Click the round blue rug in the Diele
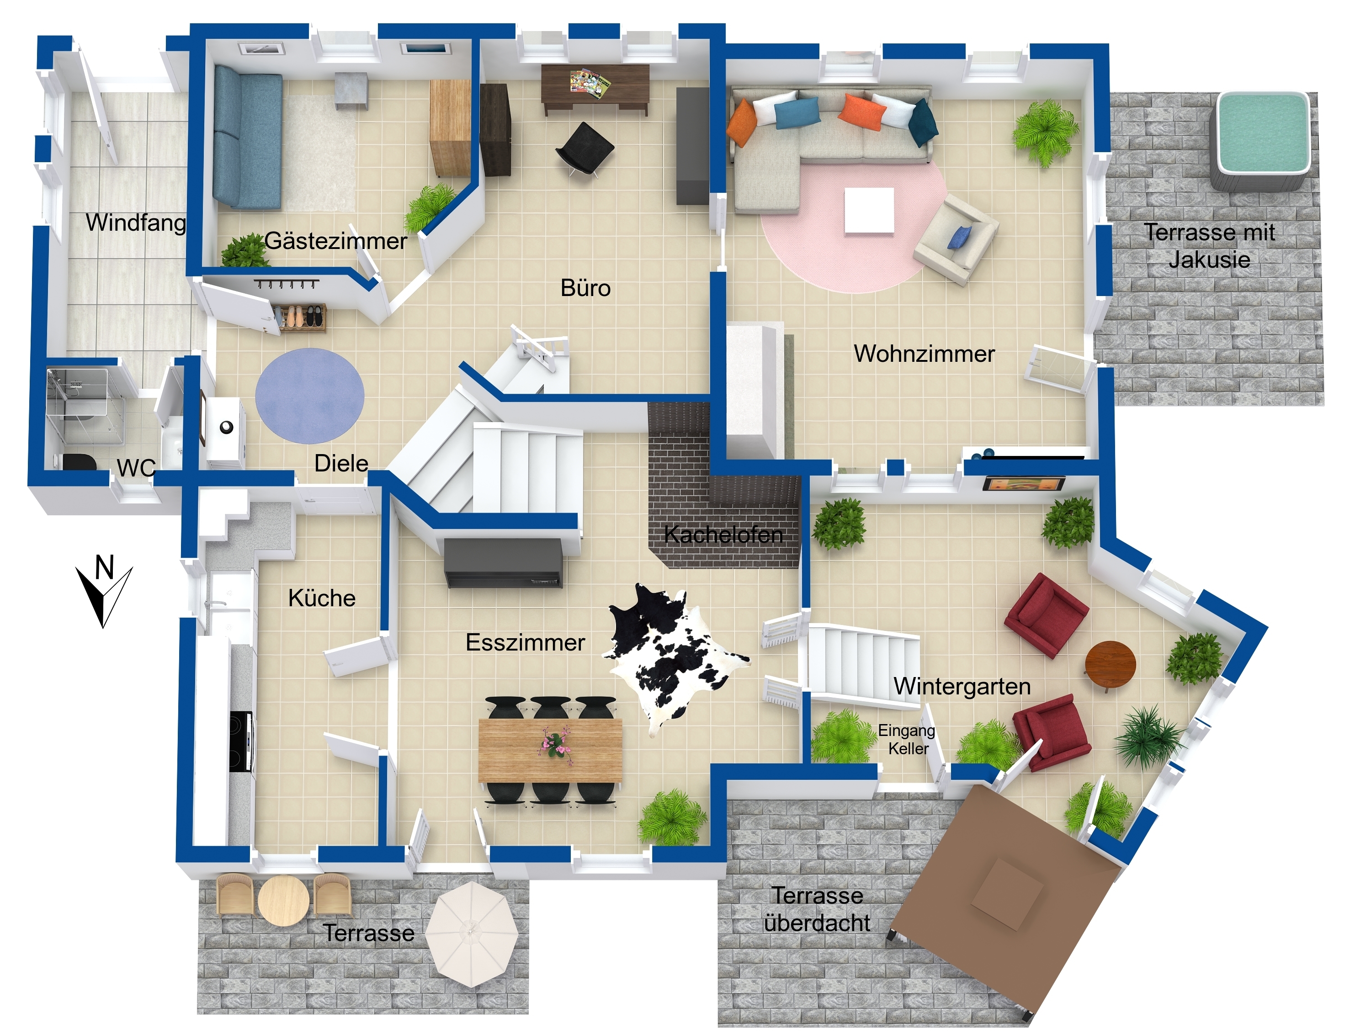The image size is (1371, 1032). pyautogui.click(x=310, y=396)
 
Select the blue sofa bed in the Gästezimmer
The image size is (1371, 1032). pyautogui.click(x=247, y=138)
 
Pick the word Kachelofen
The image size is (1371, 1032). pyautogui.click(x=723, y=535)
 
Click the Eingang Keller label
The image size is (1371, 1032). pyautogui.click(x=908, y=740)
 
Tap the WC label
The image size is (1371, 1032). pyautogui.click(x=136, y=468)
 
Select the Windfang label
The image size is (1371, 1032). pyautogui.click(x=136, y=222)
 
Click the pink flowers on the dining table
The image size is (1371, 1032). pyautogui.click(x=554, y=741)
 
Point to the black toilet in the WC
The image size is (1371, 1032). pyautogui.click(x=80, y=461)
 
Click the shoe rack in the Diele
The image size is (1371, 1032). pyautogui.click(x=300, y=318)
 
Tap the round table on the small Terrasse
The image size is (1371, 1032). pyautogui.click(x=284, y=901)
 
